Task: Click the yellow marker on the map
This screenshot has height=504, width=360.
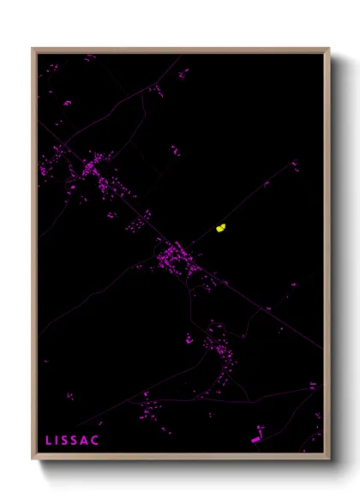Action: (220, 228)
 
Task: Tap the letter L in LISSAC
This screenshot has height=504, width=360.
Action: (49, 441)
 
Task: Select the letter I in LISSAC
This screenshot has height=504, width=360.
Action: (58, 441)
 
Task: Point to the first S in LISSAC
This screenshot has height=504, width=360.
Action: (68, 441)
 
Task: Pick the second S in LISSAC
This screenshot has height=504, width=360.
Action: (78, 441)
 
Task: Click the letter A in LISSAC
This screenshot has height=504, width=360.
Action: (88, 441)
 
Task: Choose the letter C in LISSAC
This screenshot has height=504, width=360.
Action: (98, 441)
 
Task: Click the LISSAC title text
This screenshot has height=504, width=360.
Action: (73, 441)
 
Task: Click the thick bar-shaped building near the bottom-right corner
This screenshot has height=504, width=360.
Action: (257, 440)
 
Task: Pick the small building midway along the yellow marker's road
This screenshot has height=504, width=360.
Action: (266, 183)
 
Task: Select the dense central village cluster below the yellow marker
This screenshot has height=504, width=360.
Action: (175, 255)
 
